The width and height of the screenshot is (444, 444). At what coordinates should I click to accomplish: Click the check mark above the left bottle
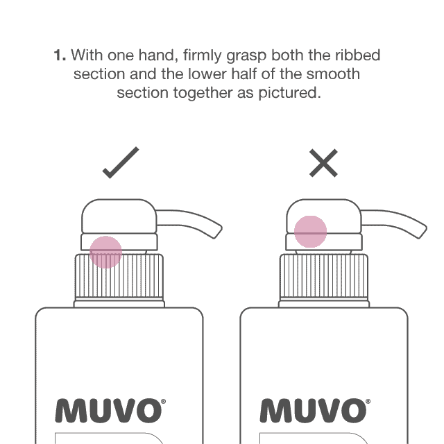[121, 164]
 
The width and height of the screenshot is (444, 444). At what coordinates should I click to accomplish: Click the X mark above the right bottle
[324, 164]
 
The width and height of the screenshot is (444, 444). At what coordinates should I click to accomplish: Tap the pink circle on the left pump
[106, 251]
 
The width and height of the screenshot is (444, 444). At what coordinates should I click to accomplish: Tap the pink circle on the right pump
[310, 232]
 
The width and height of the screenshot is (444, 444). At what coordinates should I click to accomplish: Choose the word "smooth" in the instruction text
[337, 74]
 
